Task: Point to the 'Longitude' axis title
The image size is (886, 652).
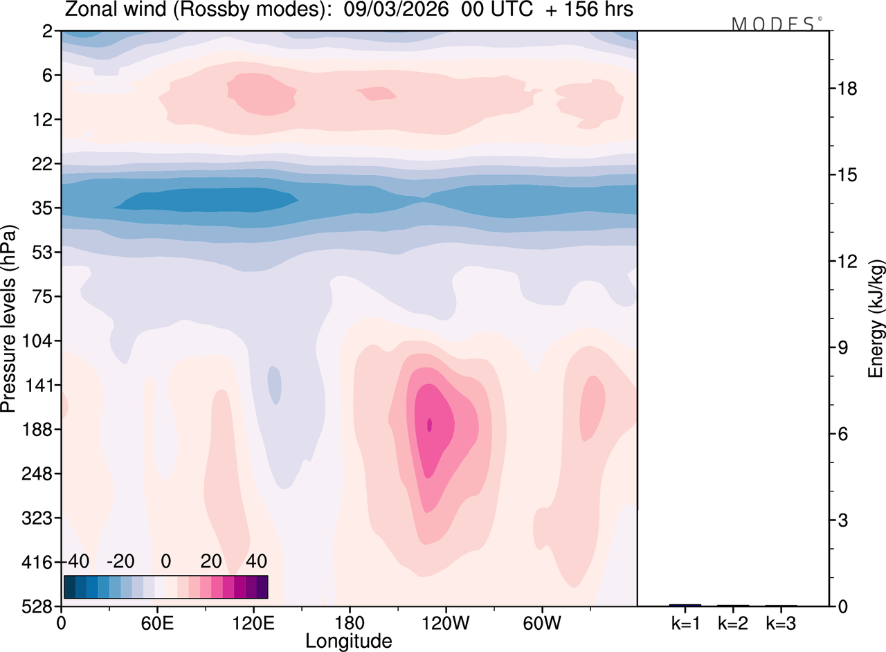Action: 348,640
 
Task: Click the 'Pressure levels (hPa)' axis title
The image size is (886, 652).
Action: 9,318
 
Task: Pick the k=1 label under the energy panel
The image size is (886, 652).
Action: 685,624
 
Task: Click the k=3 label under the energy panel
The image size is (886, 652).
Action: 781,624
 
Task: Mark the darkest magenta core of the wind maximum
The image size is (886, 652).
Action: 430,424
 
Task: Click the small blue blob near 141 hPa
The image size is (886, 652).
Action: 275,385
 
